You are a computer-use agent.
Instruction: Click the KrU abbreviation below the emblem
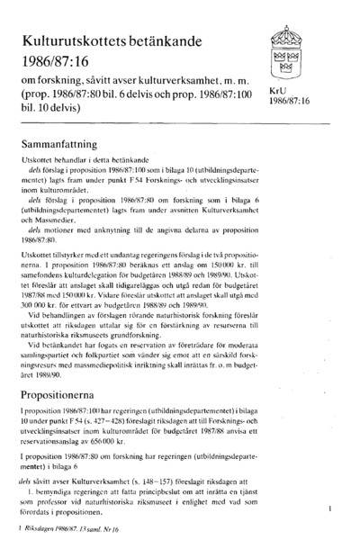pos(278,92)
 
